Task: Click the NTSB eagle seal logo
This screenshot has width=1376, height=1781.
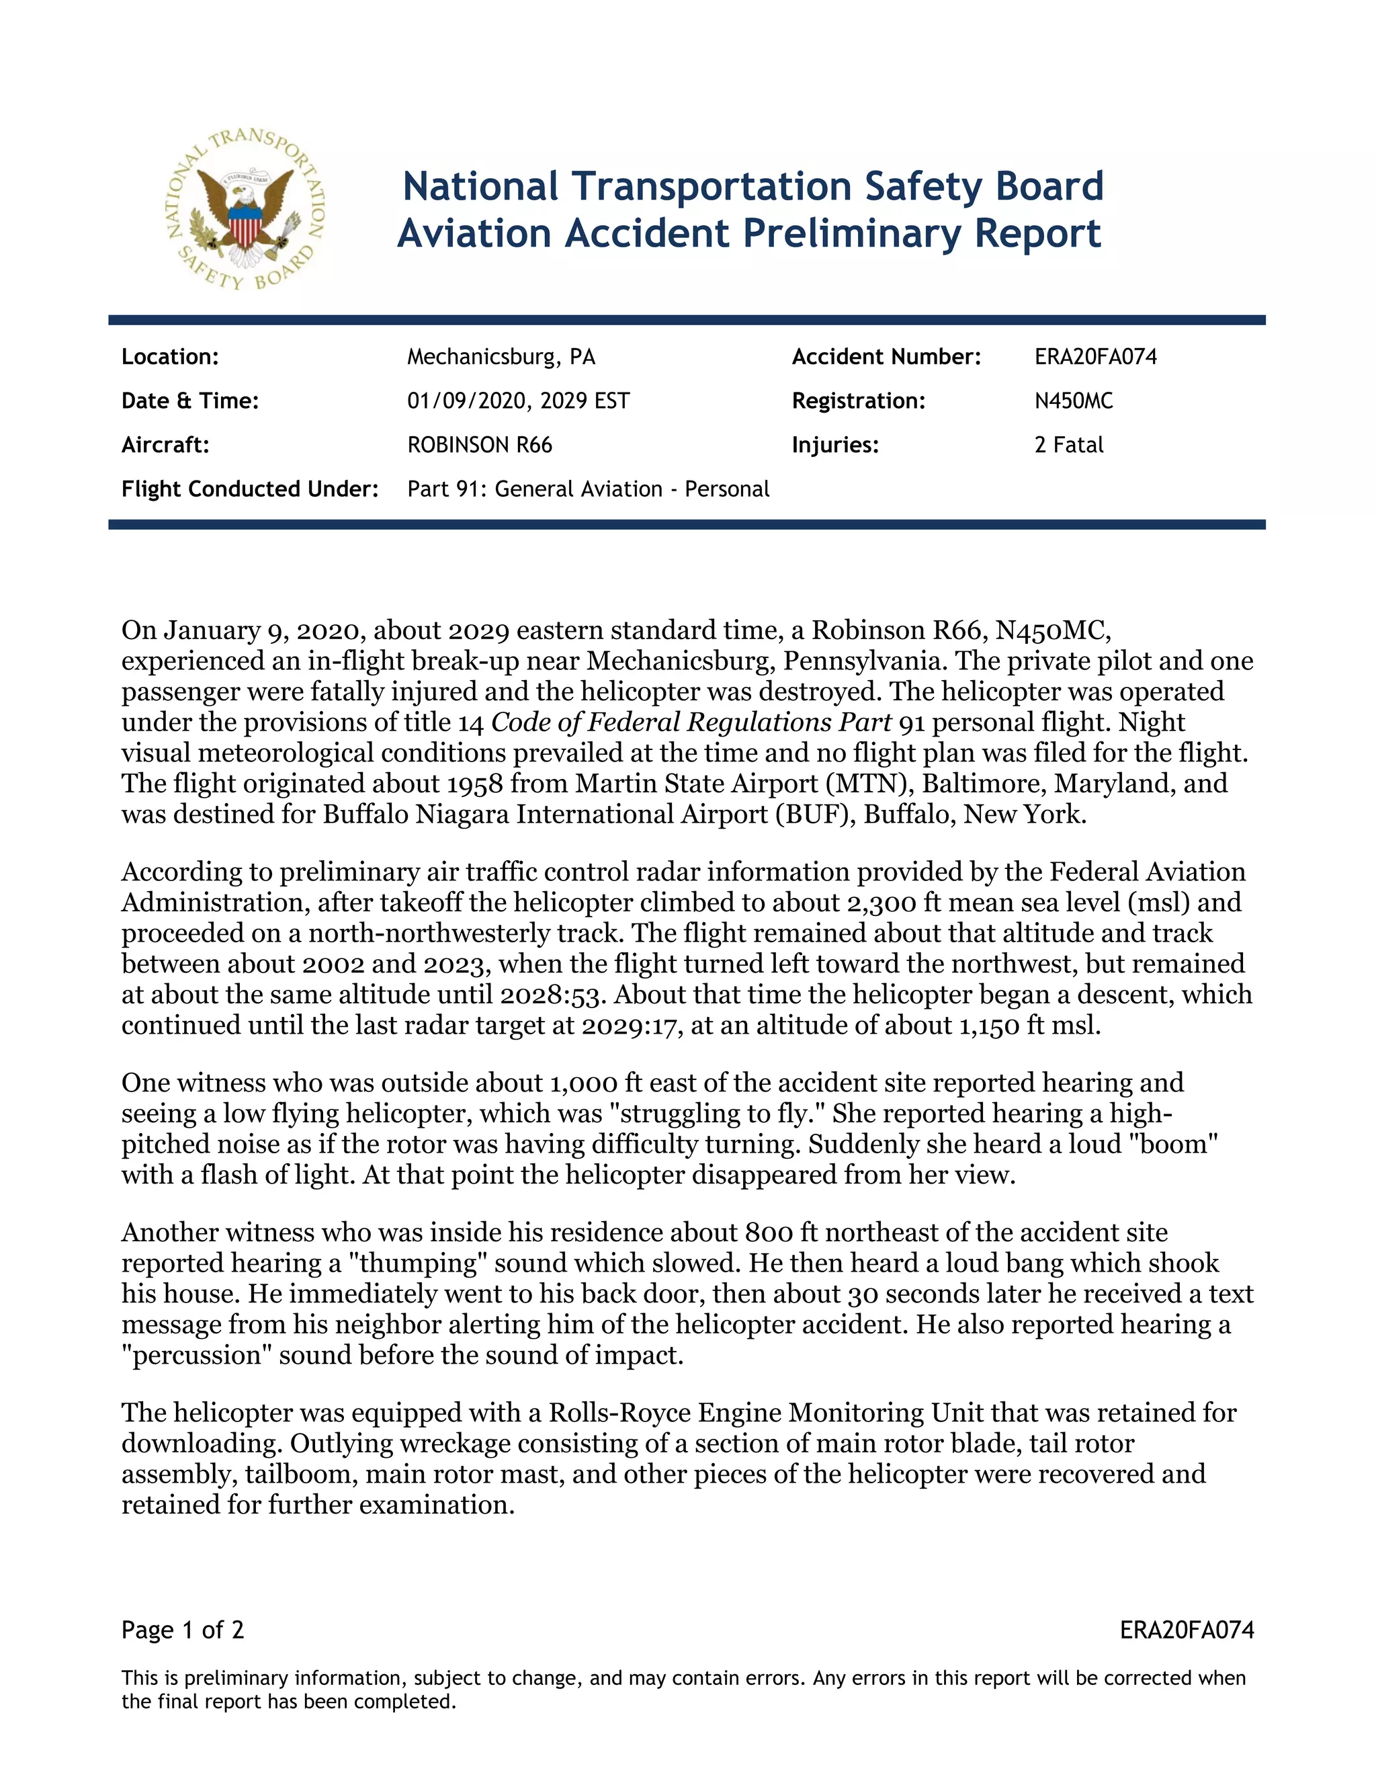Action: (245, 210)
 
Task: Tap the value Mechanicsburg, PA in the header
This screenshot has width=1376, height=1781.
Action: (501, 357)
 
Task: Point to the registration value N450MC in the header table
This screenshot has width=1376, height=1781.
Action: (1074, 401)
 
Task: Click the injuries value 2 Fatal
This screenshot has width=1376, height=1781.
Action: (1069, 445)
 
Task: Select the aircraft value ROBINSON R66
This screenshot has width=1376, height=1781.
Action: (479, 445)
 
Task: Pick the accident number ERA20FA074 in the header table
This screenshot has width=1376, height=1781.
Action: (1096, 357)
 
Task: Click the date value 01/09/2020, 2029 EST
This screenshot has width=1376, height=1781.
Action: (519, 401)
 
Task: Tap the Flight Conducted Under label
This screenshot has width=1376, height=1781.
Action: (249, 489)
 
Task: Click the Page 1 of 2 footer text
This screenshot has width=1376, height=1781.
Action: (183, 1630)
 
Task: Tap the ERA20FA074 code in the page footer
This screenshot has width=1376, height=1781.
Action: (1186, 1630)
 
